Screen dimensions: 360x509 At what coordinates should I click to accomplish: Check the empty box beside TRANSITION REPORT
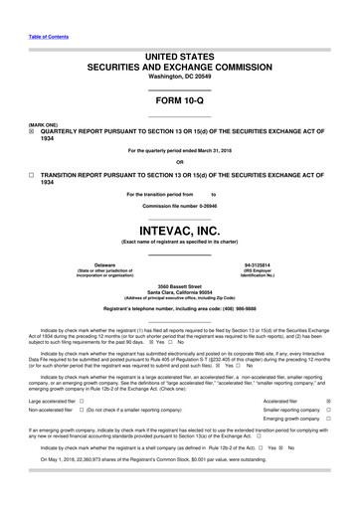pyautogui.click(x=31, y=173)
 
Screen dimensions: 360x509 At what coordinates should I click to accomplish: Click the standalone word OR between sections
pyautogui.click(x=180, y=162)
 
